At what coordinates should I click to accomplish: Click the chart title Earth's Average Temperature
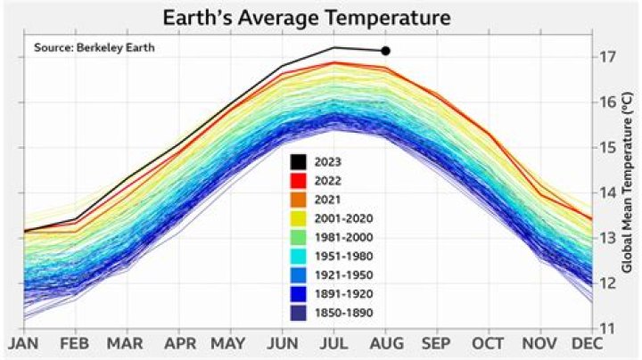tap(306, 17)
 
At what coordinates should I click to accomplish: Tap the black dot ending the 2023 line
tap(385, 51)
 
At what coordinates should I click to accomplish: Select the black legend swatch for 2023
tap(299, 162)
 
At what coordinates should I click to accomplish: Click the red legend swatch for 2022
tap(299, 181)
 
